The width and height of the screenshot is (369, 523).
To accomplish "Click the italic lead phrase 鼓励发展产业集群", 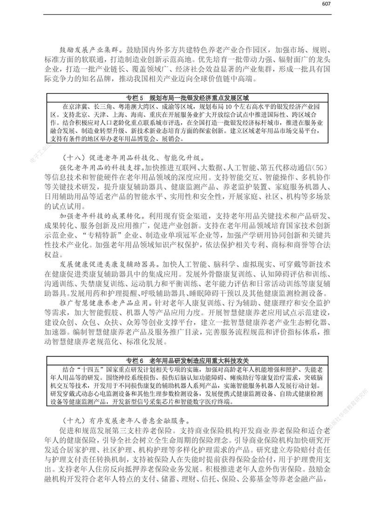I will pos(89,48).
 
